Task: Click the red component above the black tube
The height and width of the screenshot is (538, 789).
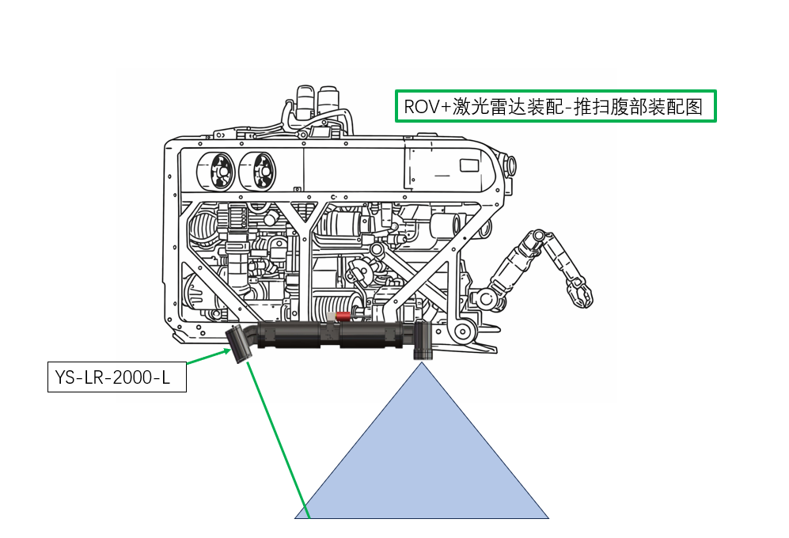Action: click(343, 317)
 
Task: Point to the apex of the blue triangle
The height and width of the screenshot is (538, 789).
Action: click(423, 363)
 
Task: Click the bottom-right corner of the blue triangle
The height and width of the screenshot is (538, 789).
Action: click(548, 518)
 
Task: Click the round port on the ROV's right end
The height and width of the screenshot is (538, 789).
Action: click(512, 165)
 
